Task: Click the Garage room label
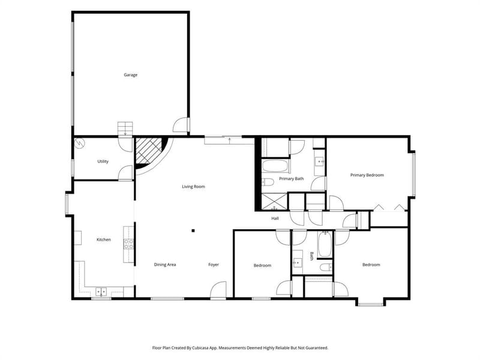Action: pyautogui.click(x=130, y=74)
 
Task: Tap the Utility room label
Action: pyautogui.click(x=103, y=161)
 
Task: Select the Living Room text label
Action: pyautogui.click(x=193, y=187)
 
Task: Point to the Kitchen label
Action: pyautogui.click(x=104, y=239)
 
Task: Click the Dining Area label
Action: pyautogui.click(x=165, y=265)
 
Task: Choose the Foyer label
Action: pyautogui.click(x=214, y=265)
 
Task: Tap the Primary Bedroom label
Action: pyautogui.click(x=367, y=175)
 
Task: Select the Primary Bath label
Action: pyautogui.click(x=292, y=178)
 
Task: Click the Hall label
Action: pyautogui.click(x=275, y=218)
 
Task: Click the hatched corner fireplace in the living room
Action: pyautogui.click(x=149, y=151)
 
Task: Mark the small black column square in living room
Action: pyautogui.click(x=193, y=231)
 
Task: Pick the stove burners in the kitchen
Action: pyautogui.click(x=128, y=244)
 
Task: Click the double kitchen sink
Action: pyautogui.click(x=101, y=292)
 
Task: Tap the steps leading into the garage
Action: pyautogui.click(x=125, y=128)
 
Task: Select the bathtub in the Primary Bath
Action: pyautogui.click(x=275, y=166)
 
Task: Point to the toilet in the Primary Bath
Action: pyautogui.click(x=268, y=182)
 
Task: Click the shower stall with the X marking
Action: pyautogui.click(x=274, y=202)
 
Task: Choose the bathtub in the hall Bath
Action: pyautogui.click(x=325, y=244)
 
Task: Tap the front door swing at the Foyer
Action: pyautogui.click(x=218, y=289)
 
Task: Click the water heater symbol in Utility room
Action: pyautogui.click(x=80, y=143)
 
